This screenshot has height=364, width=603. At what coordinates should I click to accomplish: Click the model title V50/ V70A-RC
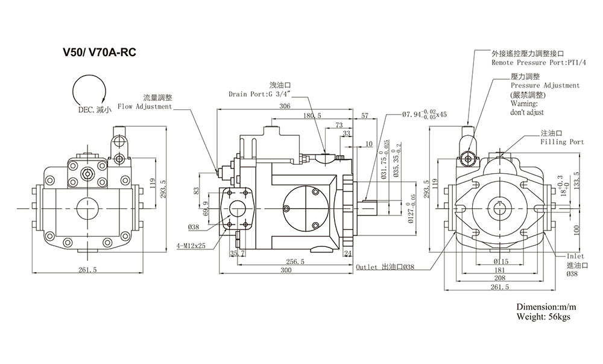(99, 53)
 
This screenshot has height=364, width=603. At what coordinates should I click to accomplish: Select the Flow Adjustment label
(145, 107)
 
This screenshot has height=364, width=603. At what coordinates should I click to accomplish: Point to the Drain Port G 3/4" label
(260, 94)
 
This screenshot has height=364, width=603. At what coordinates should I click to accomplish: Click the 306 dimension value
(285, 106)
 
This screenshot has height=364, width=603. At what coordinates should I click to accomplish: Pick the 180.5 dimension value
(312, 115)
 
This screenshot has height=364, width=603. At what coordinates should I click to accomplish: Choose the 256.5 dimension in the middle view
(295, 261)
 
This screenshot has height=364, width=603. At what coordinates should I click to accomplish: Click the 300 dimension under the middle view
(286, 270)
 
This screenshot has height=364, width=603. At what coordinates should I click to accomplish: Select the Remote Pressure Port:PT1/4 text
(538, 63)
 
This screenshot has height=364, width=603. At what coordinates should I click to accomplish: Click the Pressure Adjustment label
(545, 86)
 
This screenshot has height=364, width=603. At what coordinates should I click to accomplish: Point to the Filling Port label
(562, 142)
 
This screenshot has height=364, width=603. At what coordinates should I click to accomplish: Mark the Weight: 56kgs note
(543, 317)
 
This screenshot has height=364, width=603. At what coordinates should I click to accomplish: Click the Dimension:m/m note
(546, 307)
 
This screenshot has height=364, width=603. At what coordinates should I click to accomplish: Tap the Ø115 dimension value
(500, 261)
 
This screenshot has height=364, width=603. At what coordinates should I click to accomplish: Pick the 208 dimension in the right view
(499, 278)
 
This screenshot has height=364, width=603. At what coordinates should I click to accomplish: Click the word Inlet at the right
(575, 256)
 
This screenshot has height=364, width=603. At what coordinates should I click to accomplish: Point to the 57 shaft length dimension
(365, 115)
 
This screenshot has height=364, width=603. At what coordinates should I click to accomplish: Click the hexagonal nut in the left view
(88, 174)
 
